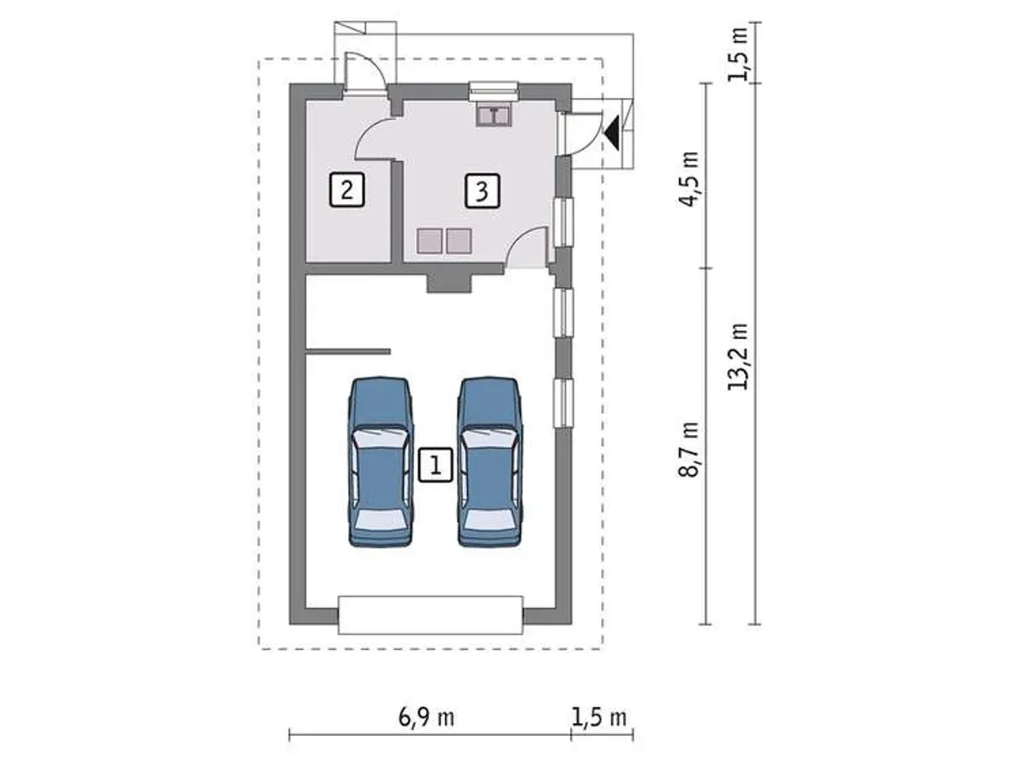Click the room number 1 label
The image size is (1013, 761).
coord(435,465)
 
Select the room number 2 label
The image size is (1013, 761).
coord(347,190)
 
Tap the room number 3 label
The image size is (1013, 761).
coord(482,191)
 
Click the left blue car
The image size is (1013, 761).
coord(381,462)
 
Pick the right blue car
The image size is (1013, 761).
coord(490,462)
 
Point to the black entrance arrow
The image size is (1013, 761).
coord(612,133)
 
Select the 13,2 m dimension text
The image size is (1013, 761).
coord(738,357)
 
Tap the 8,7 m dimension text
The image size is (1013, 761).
coord(689,449)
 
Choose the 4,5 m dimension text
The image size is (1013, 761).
coord(689,180)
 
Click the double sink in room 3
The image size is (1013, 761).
coord(493,115)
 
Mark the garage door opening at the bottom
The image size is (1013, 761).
coord(430,615)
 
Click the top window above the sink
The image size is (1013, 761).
coord(493,91)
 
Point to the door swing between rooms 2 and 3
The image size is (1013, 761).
coord(374,138)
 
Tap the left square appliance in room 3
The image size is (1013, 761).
coord(430,241)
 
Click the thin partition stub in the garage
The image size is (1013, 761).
coord(348,351)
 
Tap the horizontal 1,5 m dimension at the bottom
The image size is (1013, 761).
coord(599,717)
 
